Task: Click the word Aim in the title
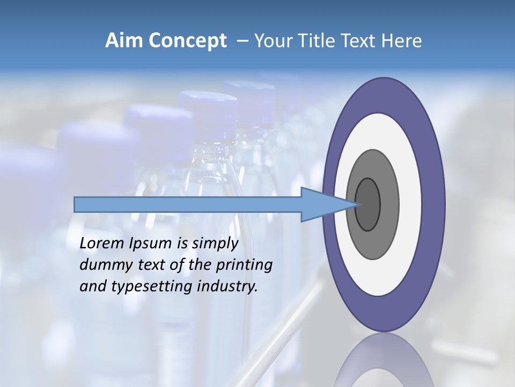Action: (x=122, y=41)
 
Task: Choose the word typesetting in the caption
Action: (x=145, y=286)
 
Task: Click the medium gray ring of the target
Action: (x=389, y=204)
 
